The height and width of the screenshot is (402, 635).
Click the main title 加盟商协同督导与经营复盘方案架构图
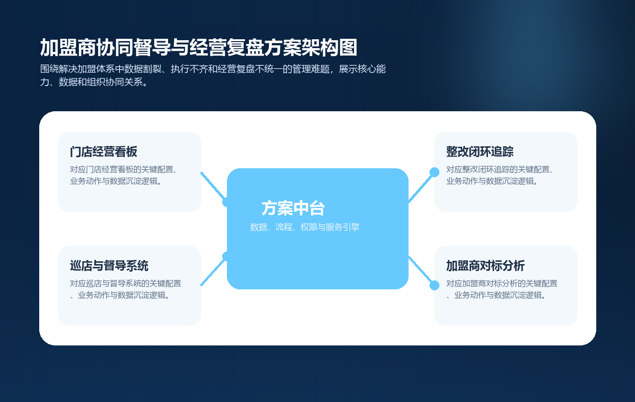[x=198, y=48]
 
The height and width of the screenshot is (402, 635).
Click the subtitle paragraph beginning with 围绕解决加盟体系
[x=212, y=76]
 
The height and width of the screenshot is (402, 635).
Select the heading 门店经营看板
[x=104, y=152]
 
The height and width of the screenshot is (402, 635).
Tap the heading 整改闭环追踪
[x=480, y=152]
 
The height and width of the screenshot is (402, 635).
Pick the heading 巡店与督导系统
[x=109, y=266]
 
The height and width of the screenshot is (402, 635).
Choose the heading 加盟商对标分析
[x=486, y=266]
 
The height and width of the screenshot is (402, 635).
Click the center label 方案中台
[x=293, y=208]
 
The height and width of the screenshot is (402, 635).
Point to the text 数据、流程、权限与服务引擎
[x=305, y=227]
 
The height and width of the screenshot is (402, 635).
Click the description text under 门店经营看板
[x=126, y=175]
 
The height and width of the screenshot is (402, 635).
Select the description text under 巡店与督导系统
[x=126, y=289]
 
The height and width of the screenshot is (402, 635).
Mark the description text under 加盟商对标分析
[x=502, y=289]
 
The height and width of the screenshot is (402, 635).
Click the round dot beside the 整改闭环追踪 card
[x=434, y=172]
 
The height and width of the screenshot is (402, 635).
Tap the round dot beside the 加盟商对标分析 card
[x=434, y=285]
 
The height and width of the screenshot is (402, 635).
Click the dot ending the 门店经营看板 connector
[x=227, y=202]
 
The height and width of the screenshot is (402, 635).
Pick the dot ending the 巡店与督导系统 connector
[x=227, y=256]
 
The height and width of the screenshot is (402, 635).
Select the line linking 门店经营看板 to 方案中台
[x=213, y=186]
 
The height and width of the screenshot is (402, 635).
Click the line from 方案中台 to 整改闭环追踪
[x=421, y=187]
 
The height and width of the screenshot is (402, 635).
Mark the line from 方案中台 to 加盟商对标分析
[x=421, y=271]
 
